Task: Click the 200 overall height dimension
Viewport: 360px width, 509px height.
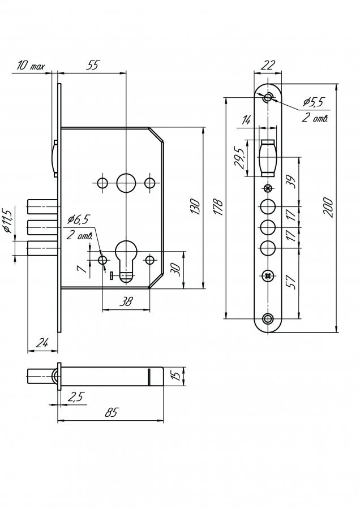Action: coord(328,208)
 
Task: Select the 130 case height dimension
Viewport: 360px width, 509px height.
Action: coord(195,206)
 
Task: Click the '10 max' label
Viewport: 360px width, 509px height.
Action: coord(31,66)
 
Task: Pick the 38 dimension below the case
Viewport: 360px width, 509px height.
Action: coord(126,301)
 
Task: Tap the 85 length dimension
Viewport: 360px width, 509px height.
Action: coord(111,413)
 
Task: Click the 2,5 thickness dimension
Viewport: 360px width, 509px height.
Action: coord(76,396)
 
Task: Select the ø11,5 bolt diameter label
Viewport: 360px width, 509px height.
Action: coord(7,221)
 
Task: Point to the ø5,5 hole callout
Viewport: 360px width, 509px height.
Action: coord(313,102)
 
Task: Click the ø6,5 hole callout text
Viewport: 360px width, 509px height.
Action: coord(78,220)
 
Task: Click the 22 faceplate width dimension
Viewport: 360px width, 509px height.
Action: coord(267,65)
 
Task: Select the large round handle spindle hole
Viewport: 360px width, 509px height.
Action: coord(126,183)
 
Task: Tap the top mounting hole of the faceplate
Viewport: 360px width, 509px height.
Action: coord(268,97)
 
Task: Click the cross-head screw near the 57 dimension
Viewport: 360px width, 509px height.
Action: coord(268,276)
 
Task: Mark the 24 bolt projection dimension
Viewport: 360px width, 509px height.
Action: coord(42,343)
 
